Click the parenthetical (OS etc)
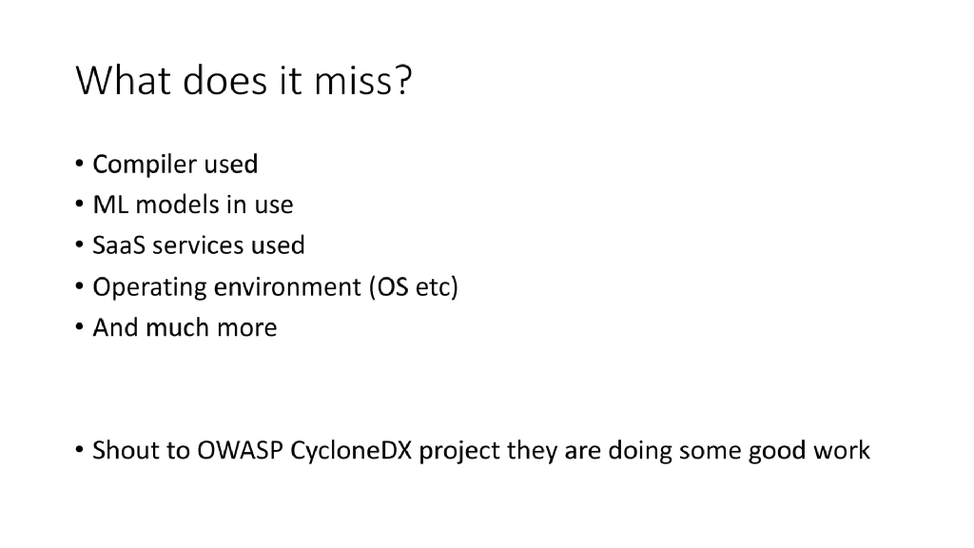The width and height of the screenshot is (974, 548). click(x=413, y=287)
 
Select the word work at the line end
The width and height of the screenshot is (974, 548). click(x=841, y=450)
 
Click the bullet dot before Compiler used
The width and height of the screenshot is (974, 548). click(x=79, y=166)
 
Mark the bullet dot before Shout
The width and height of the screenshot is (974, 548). click(x=79, y=451)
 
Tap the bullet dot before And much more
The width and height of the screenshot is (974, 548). click(x=79, y=328)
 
